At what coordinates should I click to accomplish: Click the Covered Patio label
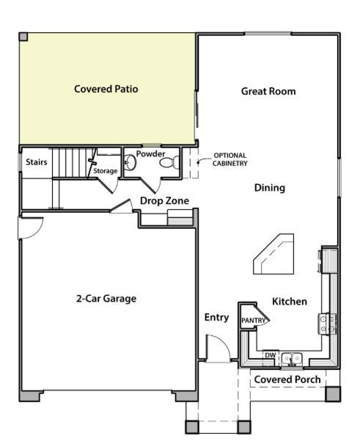pos(106,90)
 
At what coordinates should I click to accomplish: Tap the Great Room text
pos(268,92)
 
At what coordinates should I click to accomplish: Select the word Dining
pos(269,188)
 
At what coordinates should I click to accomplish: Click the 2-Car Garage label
pos(106,299)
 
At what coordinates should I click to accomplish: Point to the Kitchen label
pos(290,302)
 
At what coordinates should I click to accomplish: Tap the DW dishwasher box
pos(270,355)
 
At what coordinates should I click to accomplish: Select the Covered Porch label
pos(286,379)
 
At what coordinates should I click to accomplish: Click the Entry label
pos(216,318)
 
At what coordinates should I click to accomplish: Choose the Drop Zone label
pos(164,201)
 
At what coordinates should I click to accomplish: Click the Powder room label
pos(150,154)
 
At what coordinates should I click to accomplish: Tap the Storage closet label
pos(105,171)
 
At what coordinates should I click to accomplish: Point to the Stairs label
pos(37,161)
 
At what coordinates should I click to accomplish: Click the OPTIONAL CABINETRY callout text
pos(229,159)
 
